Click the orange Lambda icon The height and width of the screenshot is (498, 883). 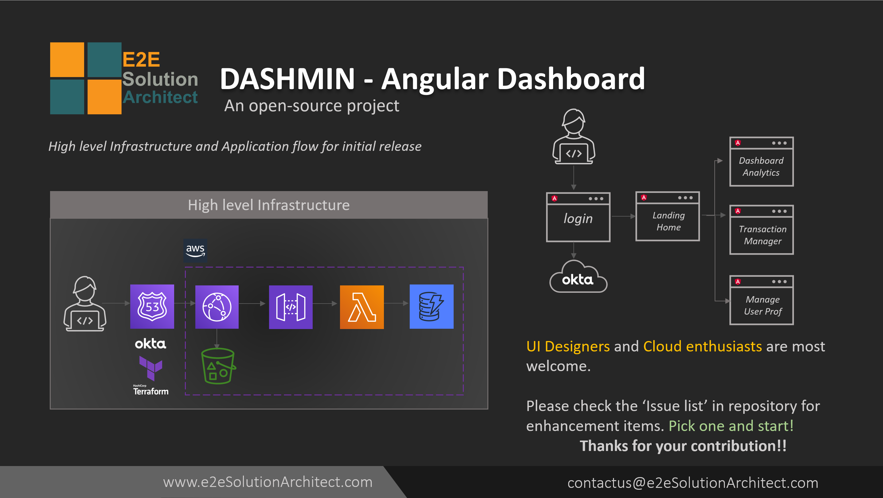tap(361, 307)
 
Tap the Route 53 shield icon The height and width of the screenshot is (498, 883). tap(152, 306)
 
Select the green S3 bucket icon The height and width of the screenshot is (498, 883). tap(218, 366)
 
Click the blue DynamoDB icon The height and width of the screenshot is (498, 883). tap(431, 306)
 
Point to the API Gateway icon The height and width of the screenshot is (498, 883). tap(291, 307)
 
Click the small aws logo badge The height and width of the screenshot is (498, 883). tap(195, 250)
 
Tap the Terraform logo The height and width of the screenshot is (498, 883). tap(151, 375)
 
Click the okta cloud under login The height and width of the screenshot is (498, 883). tap(578, 278)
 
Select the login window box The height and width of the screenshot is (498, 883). tap(578, 218)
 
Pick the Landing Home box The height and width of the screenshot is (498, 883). tap(667, 217)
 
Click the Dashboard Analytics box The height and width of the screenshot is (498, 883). tap(761, 162)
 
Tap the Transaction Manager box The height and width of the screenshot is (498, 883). tap(761, 230)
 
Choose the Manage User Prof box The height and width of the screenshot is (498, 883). tap(761, 300)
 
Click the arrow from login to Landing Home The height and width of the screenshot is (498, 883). tap(623, 216)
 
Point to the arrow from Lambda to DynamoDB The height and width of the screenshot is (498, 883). tap(396, 304)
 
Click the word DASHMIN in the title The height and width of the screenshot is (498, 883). tap(287, 79)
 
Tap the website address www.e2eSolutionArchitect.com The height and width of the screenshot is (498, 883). tap(268, 482)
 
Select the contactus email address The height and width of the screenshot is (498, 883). tap(692, 483)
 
